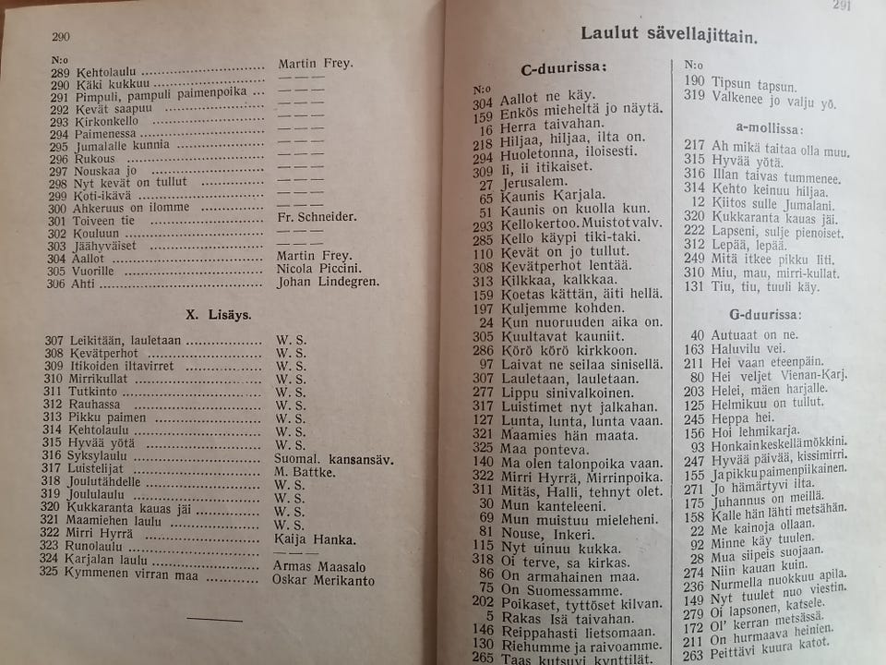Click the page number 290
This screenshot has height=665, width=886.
click(61, 37)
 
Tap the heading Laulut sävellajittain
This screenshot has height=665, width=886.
click(669, 35)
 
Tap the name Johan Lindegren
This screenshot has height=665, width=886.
click(328, 283)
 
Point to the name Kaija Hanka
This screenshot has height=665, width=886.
click(315, 539)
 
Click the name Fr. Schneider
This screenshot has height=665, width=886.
click(317, 218)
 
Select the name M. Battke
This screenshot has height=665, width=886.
click(305, 472)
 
